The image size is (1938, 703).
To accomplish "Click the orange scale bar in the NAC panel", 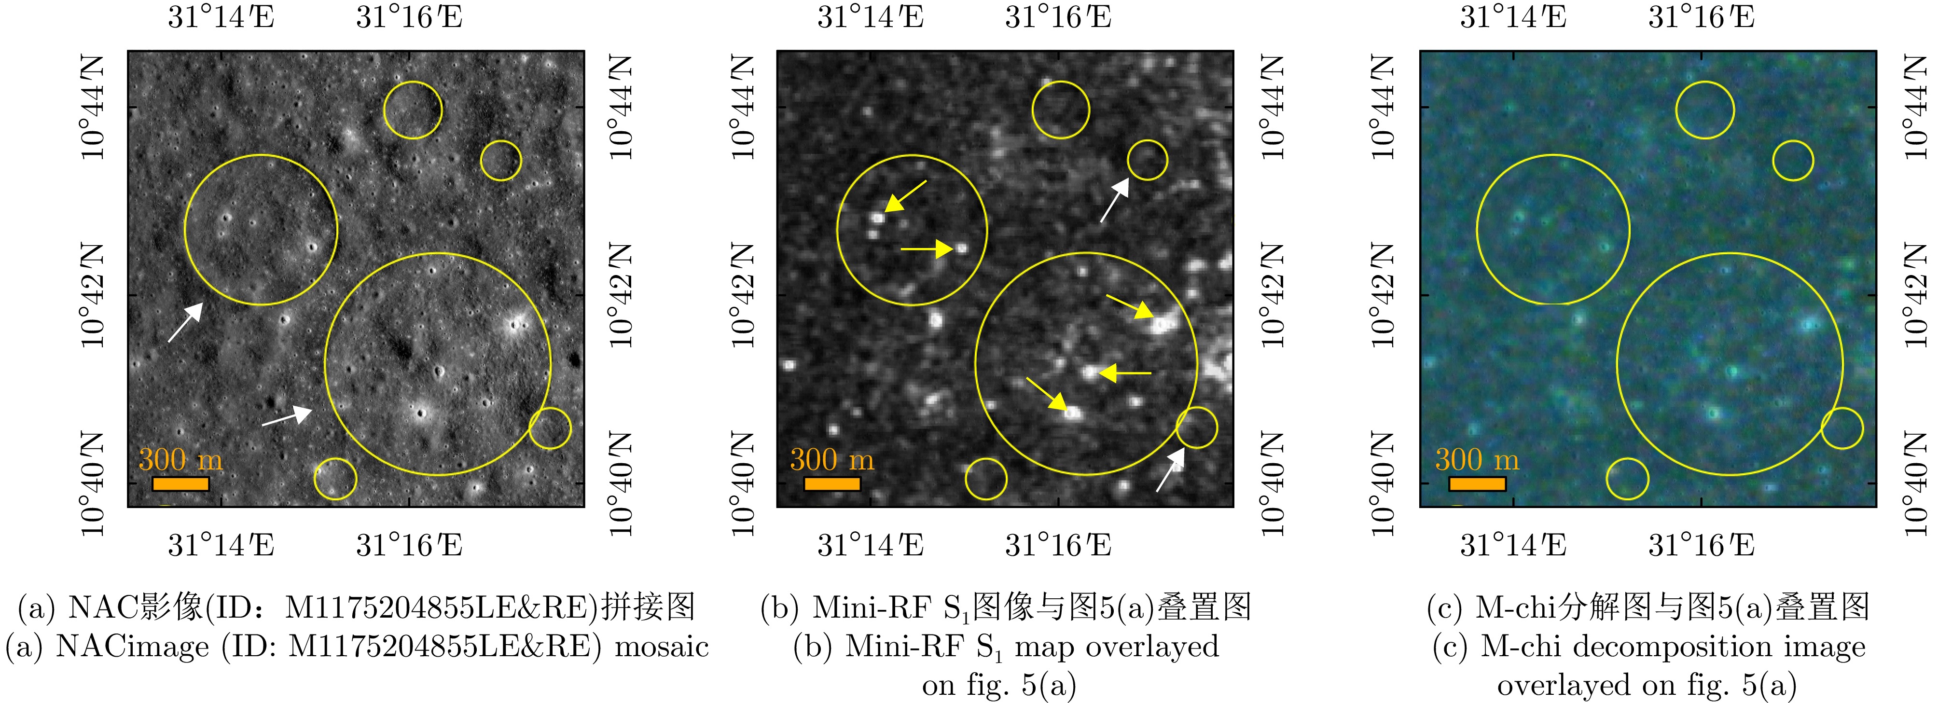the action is click(180, 483).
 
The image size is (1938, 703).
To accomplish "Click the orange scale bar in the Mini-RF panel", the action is click(832, 483).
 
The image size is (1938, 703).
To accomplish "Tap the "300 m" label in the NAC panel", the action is click(180, 459).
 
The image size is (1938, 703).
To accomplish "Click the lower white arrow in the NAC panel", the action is click(287, 416).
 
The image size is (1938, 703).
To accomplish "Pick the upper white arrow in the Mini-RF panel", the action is click(1115, 200).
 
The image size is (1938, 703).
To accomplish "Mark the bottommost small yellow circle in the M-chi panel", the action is click(1627, 459).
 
